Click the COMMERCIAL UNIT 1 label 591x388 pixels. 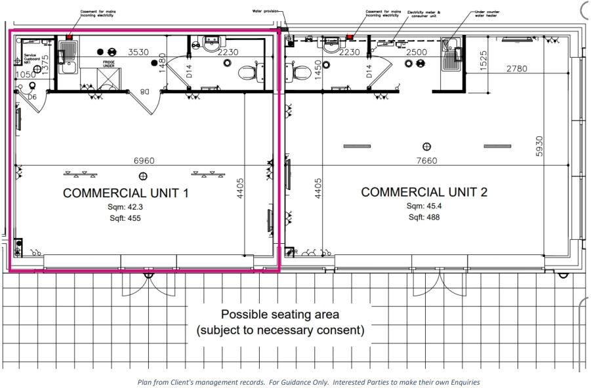(x=125, y=193)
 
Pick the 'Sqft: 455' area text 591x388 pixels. (x=125, y=218)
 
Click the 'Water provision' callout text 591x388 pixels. (x=266, y=11)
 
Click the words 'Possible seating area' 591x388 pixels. (x=280, y=314)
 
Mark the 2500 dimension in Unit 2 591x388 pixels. (x=417, y=52)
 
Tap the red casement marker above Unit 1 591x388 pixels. (x=69, y=37)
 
